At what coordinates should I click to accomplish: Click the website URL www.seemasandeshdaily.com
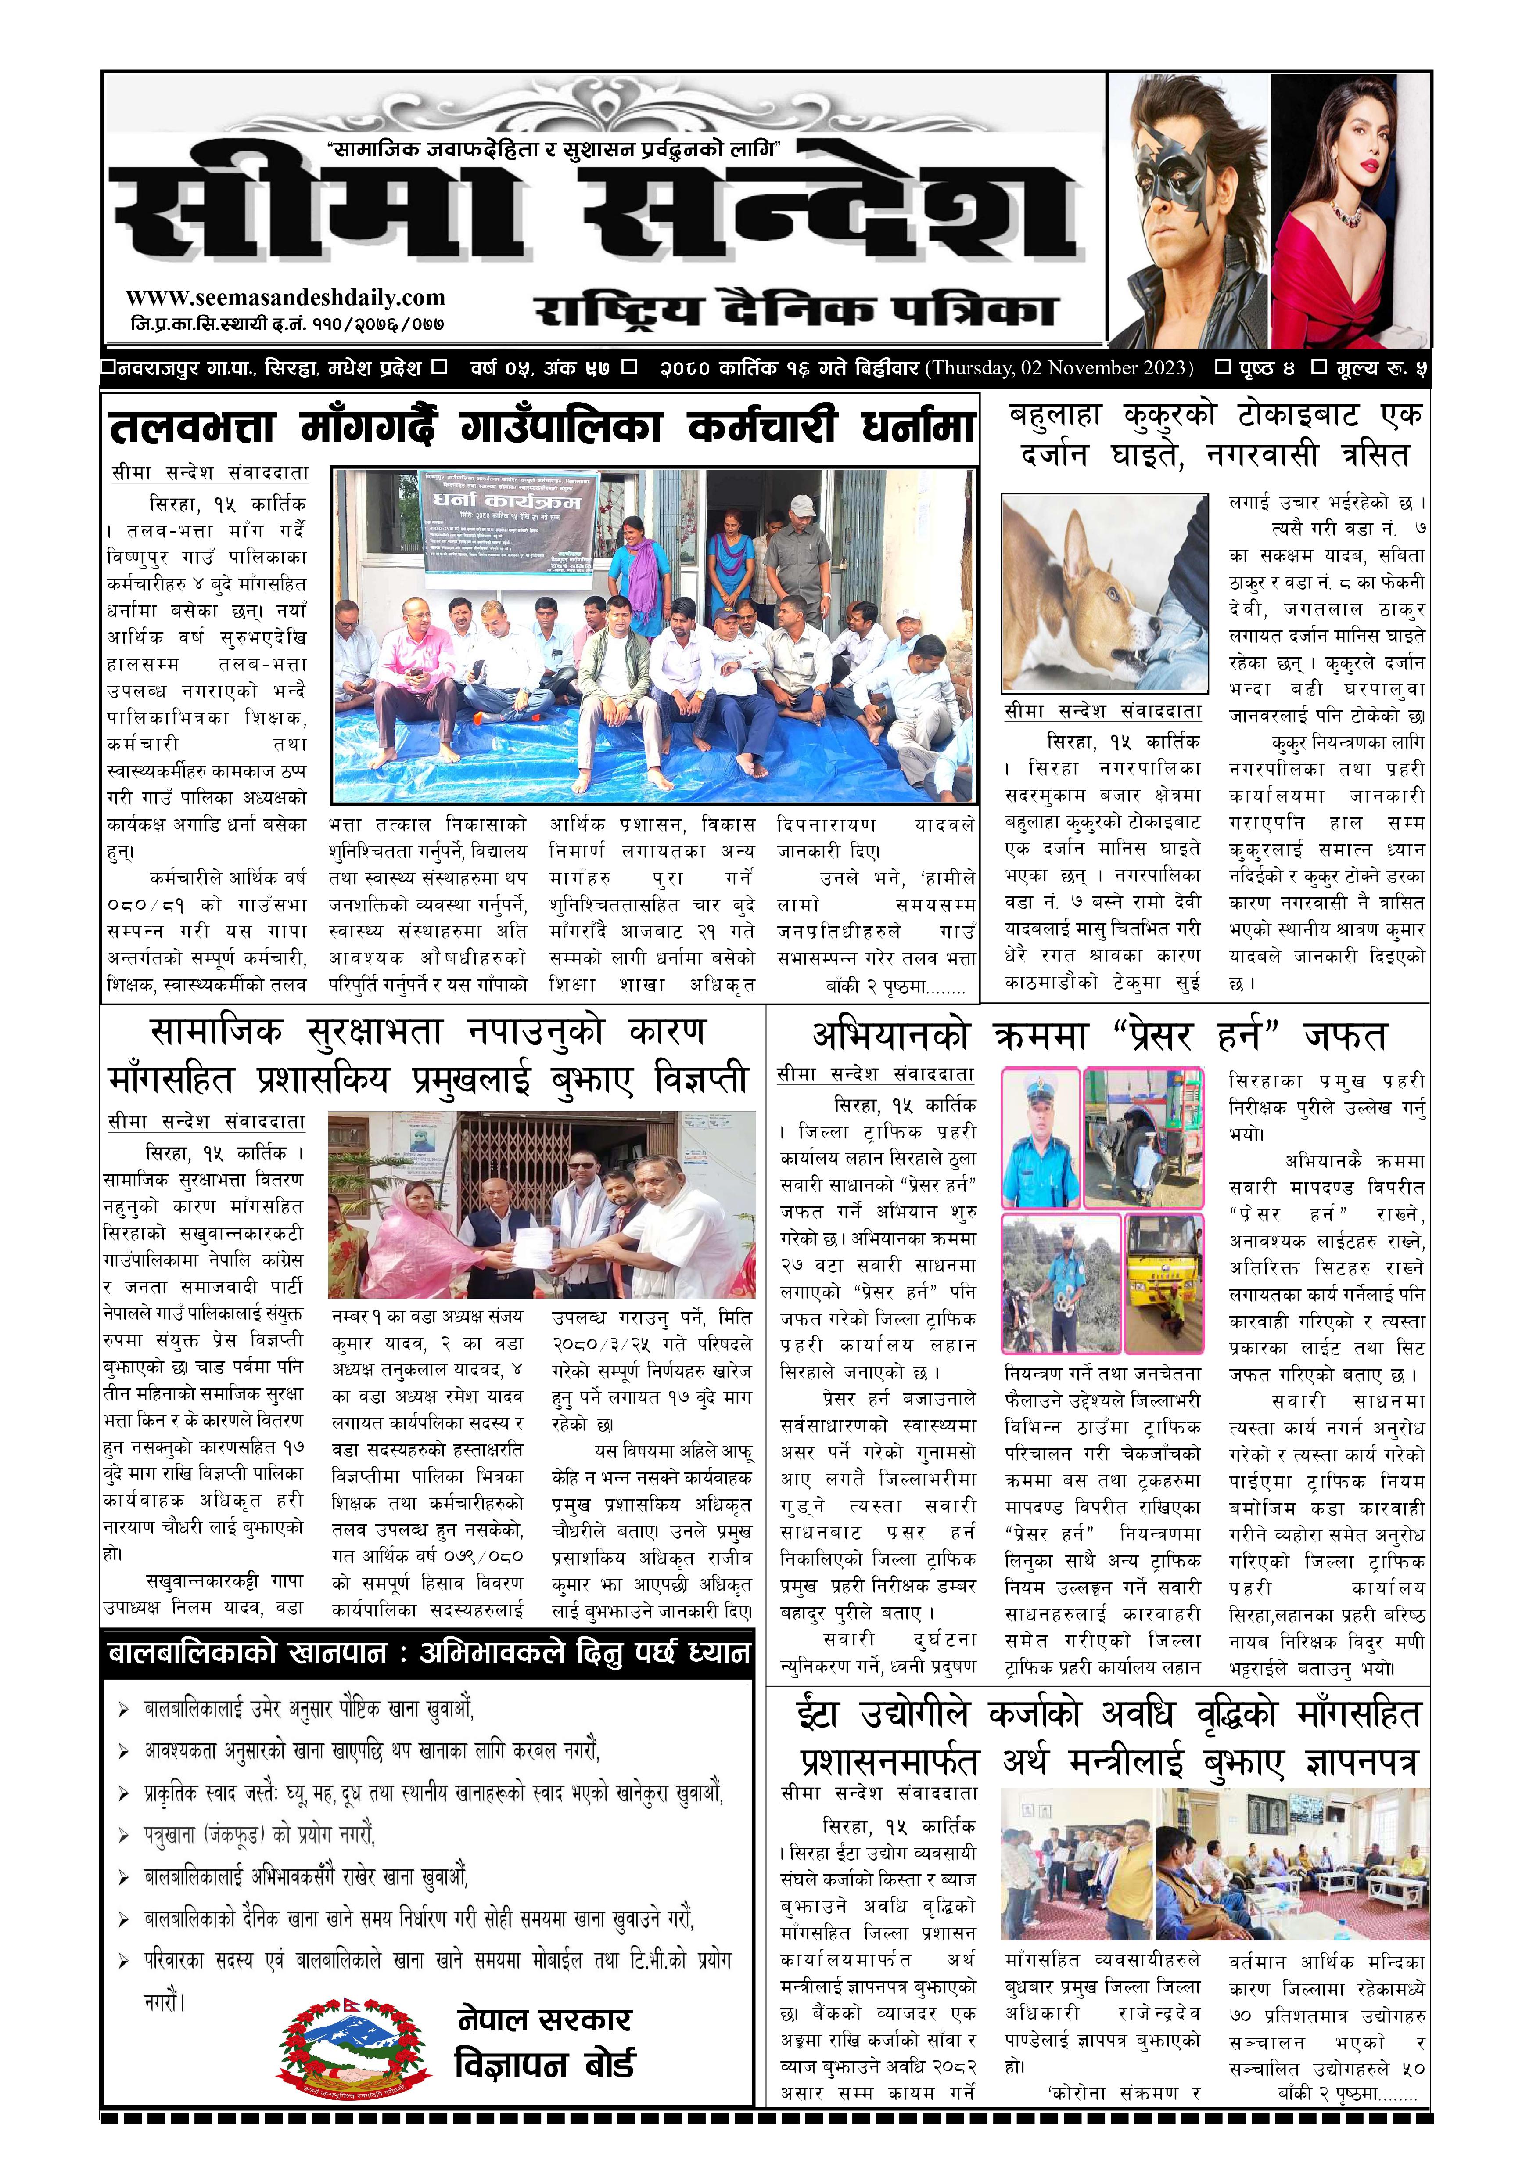click(x=284, y=298)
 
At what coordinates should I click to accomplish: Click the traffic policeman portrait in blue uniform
click(x=1041, y=1138)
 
